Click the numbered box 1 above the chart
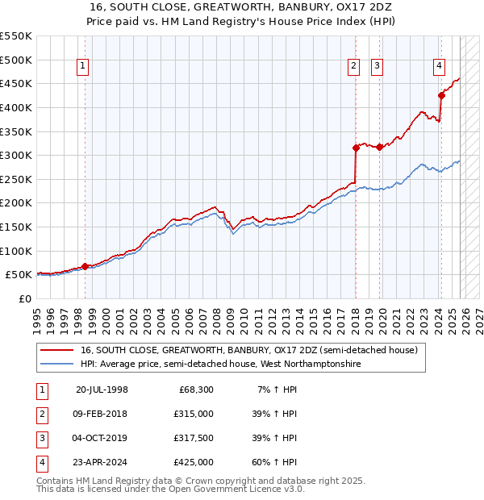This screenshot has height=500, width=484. point(85,67)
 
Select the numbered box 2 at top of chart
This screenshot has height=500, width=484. point(353,67)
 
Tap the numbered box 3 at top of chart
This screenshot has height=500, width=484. point(377,67)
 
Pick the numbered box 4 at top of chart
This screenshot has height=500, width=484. point(439,67)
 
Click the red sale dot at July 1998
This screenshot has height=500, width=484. point(85,266)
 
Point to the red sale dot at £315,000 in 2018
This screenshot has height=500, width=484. point(355,148)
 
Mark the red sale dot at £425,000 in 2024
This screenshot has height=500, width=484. point(441,95)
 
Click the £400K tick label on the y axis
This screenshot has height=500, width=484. point(16,107)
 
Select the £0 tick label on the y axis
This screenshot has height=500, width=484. point(24,298)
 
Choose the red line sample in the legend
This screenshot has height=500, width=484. point(57,351)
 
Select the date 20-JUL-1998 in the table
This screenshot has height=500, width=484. point(102,390)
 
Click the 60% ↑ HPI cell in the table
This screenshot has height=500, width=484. point(274,462)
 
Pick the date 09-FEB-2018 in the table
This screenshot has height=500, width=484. point(102,414)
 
